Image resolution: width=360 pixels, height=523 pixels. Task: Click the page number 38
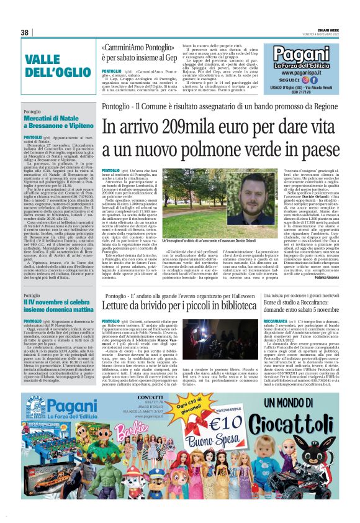pyautogui.click(x=25, y=32)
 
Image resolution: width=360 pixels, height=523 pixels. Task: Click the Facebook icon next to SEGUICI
pyautogui.click(x=313, y=80)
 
